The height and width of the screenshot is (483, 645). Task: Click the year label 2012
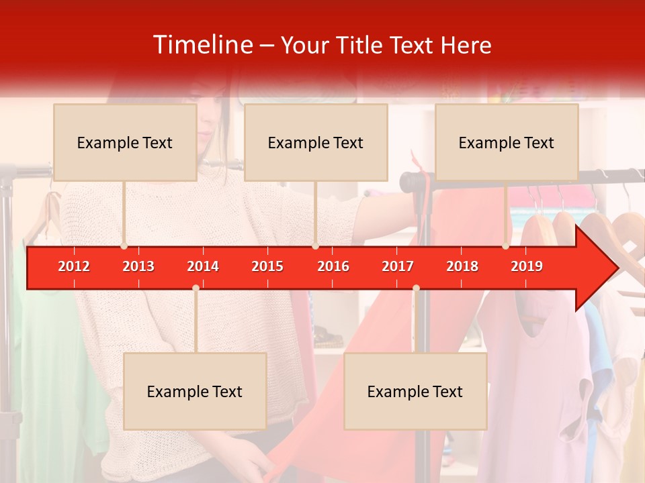[74, 266]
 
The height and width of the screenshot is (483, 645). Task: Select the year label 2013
[138, 266]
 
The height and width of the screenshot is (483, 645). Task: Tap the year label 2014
[203, 266]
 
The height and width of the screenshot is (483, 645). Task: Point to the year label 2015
[267, 266]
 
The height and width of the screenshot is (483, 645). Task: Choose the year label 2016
[333, 266]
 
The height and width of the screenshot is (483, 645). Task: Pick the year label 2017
[398, 266]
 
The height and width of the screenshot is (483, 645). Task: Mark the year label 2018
[462, 266]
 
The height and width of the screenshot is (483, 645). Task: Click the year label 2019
[527, 266]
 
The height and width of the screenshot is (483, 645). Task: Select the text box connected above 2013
[125, 142]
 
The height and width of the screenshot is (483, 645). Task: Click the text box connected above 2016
[316, 142]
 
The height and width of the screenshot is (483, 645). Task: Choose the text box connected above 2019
[507, 142]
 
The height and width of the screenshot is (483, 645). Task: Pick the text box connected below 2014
[195, 391]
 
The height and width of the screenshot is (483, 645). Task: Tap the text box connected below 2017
[415, 391]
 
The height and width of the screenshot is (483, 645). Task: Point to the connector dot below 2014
[196, 288]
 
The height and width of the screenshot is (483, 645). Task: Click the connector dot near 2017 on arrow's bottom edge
[416, 288]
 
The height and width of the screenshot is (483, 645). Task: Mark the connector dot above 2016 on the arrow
[315, 246]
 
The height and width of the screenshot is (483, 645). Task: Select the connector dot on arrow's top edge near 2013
[124, 246]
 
